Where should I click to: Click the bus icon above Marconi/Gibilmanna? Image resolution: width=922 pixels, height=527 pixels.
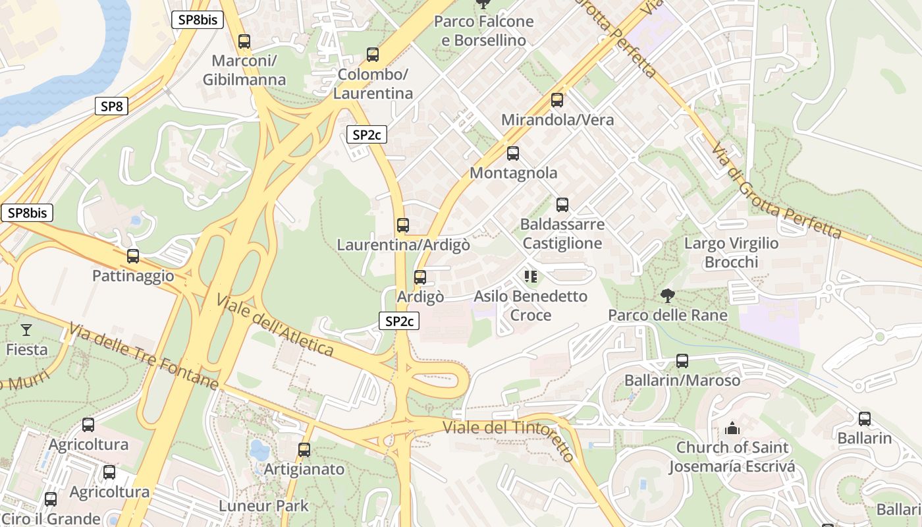[x=244, y=42]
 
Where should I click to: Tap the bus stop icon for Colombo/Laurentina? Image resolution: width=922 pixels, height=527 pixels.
[x=373, y=55]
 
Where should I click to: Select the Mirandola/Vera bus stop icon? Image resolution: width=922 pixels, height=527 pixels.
[x=557, y=100]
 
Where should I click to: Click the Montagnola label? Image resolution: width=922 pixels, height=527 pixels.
[x=513, y=173]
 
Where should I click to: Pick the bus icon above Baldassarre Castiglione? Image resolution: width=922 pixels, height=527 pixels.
[x=562, y=205]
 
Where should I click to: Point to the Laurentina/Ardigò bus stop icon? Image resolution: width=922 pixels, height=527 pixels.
[x=403, y=225]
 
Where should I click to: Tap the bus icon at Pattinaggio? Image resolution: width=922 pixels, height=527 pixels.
[x=133, y=256]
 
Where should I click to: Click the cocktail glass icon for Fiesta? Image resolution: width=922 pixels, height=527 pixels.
[x=26, y=330]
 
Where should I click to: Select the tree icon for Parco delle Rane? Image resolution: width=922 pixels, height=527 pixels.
[x=668, y=296]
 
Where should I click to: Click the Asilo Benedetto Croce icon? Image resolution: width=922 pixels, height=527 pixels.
[x=531, y=277]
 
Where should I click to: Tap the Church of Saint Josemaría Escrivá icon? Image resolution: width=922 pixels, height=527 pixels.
[x=732, y=429]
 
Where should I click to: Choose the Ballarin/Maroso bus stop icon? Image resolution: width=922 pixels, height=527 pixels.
[x=682, y=361]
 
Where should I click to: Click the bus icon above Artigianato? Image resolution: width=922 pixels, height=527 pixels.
[x=304, y=450]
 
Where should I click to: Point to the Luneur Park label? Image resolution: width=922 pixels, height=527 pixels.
[x=263, y=506]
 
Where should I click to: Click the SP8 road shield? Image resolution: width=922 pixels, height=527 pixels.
[x=111, y=106]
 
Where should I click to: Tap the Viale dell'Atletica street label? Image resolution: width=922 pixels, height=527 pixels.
[x=275, y=326]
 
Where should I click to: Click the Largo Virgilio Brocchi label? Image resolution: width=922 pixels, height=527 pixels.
[x=731, y=252]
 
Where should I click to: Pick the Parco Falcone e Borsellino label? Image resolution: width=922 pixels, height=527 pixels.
[x=483, y=31]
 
